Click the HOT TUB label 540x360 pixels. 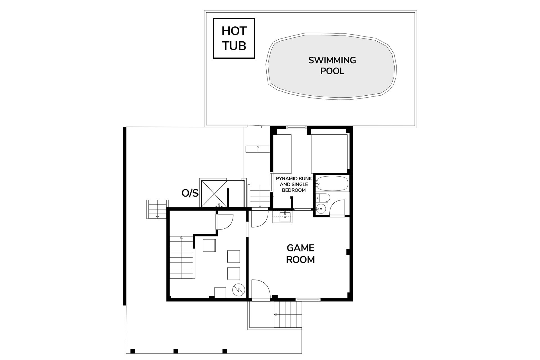pos(234,38)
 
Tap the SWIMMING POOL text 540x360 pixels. pos(332,66)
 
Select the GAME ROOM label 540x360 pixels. pos(300,254)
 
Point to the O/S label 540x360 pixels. pos(190,193)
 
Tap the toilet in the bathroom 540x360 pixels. pos(323,198)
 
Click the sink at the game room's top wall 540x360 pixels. pos(282,217)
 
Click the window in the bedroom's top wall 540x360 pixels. pos(296,127)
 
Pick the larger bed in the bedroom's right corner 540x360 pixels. pos(329,154)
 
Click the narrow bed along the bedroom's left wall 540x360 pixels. pos(282,154)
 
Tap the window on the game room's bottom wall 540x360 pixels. pos(308,300)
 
